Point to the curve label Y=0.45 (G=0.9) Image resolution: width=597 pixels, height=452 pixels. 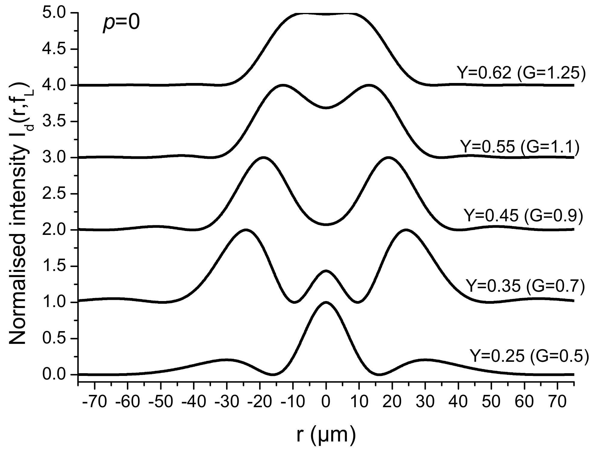[523, 215]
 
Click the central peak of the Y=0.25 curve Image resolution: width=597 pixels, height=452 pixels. [326, 303]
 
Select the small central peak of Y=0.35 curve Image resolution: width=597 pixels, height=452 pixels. [326, 271]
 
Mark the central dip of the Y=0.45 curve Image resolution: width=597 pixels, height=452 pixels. [326, 224]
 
